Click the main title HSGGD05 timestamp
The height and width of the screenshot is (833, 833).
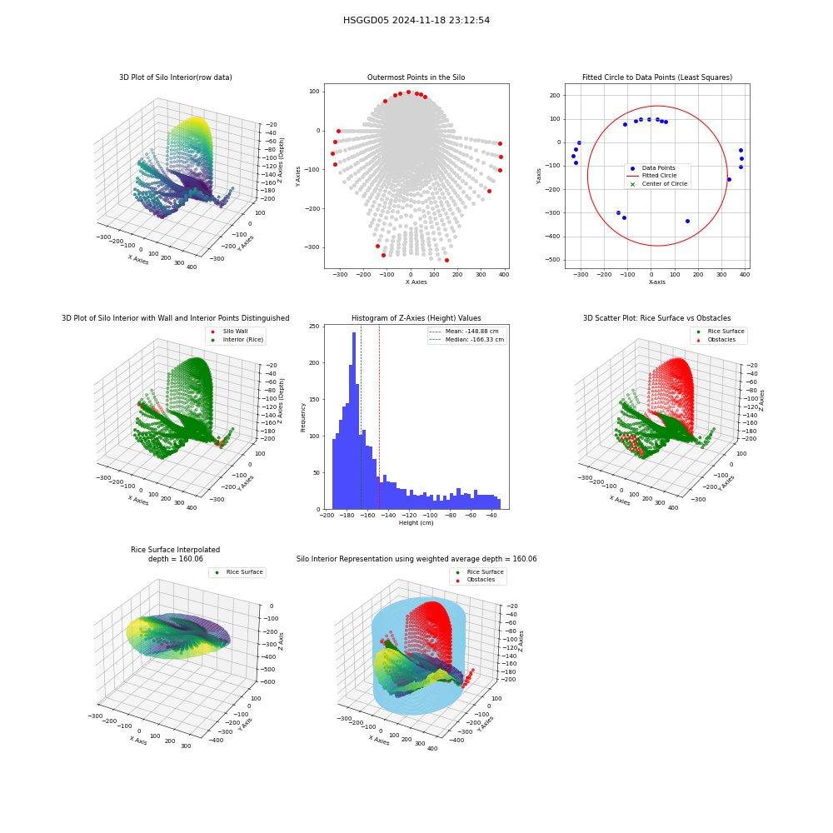pyautogui.click(x=416, y=20)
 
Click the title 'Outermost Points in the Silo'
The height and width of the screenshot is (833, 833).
pyautogui.click(x=416, y=77)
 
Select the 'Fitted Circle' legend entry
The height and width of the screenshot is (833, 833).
pyautogui.click(x=659, y=175)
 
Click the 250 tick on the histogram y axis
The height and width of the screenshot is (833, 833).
pyautogui.click(x=315, y=327)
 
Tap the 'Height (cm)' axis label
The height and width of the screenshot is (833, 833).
pyautogui.click(x=416, y=523)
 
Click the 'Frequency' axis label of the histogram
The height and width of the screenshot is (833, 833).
pyautogui.click(x=303, y=417)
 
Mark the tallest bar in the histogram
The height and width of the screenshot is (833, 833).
pyautogui.click(x=354, y=421)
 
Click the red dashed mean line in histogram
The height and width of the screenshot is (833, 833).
pyautogui.click(x=379, y=417)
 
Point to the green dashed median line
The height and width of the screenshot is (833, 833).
pyautogui.click(x=362, y=417)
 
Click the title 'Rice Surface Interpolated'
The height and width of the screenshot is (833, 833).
pyautogui.click(x=175, y=550)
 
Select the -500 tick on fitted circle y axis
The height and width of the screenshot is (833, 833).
pyautogui.click(x=554, y=260)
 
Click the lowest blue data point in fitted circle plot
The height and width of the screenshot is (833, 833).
pyautogui.click(x=687, y=221)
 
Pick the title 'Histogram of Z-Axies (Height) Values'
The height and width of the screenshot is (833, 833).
pyautogui.click(x=416, y=318)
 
